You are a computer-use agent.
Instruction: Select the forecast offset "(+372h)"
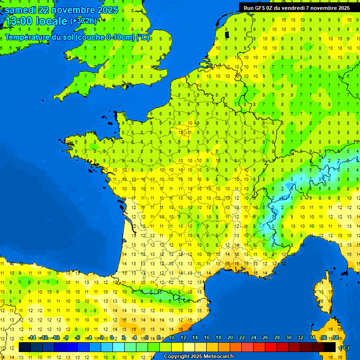point(83,21)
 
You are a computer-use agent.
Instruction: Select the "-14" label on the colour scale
point(32,338)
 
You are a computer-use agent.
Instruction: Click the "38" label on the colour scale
point(335,338)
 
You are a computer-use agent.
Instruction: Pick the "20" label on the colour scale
point(230,338)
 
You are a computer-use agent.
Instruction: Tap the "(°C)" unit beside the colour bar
point(344,348)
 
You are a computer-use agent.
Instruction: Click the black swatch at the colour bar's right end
point(330,347)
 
